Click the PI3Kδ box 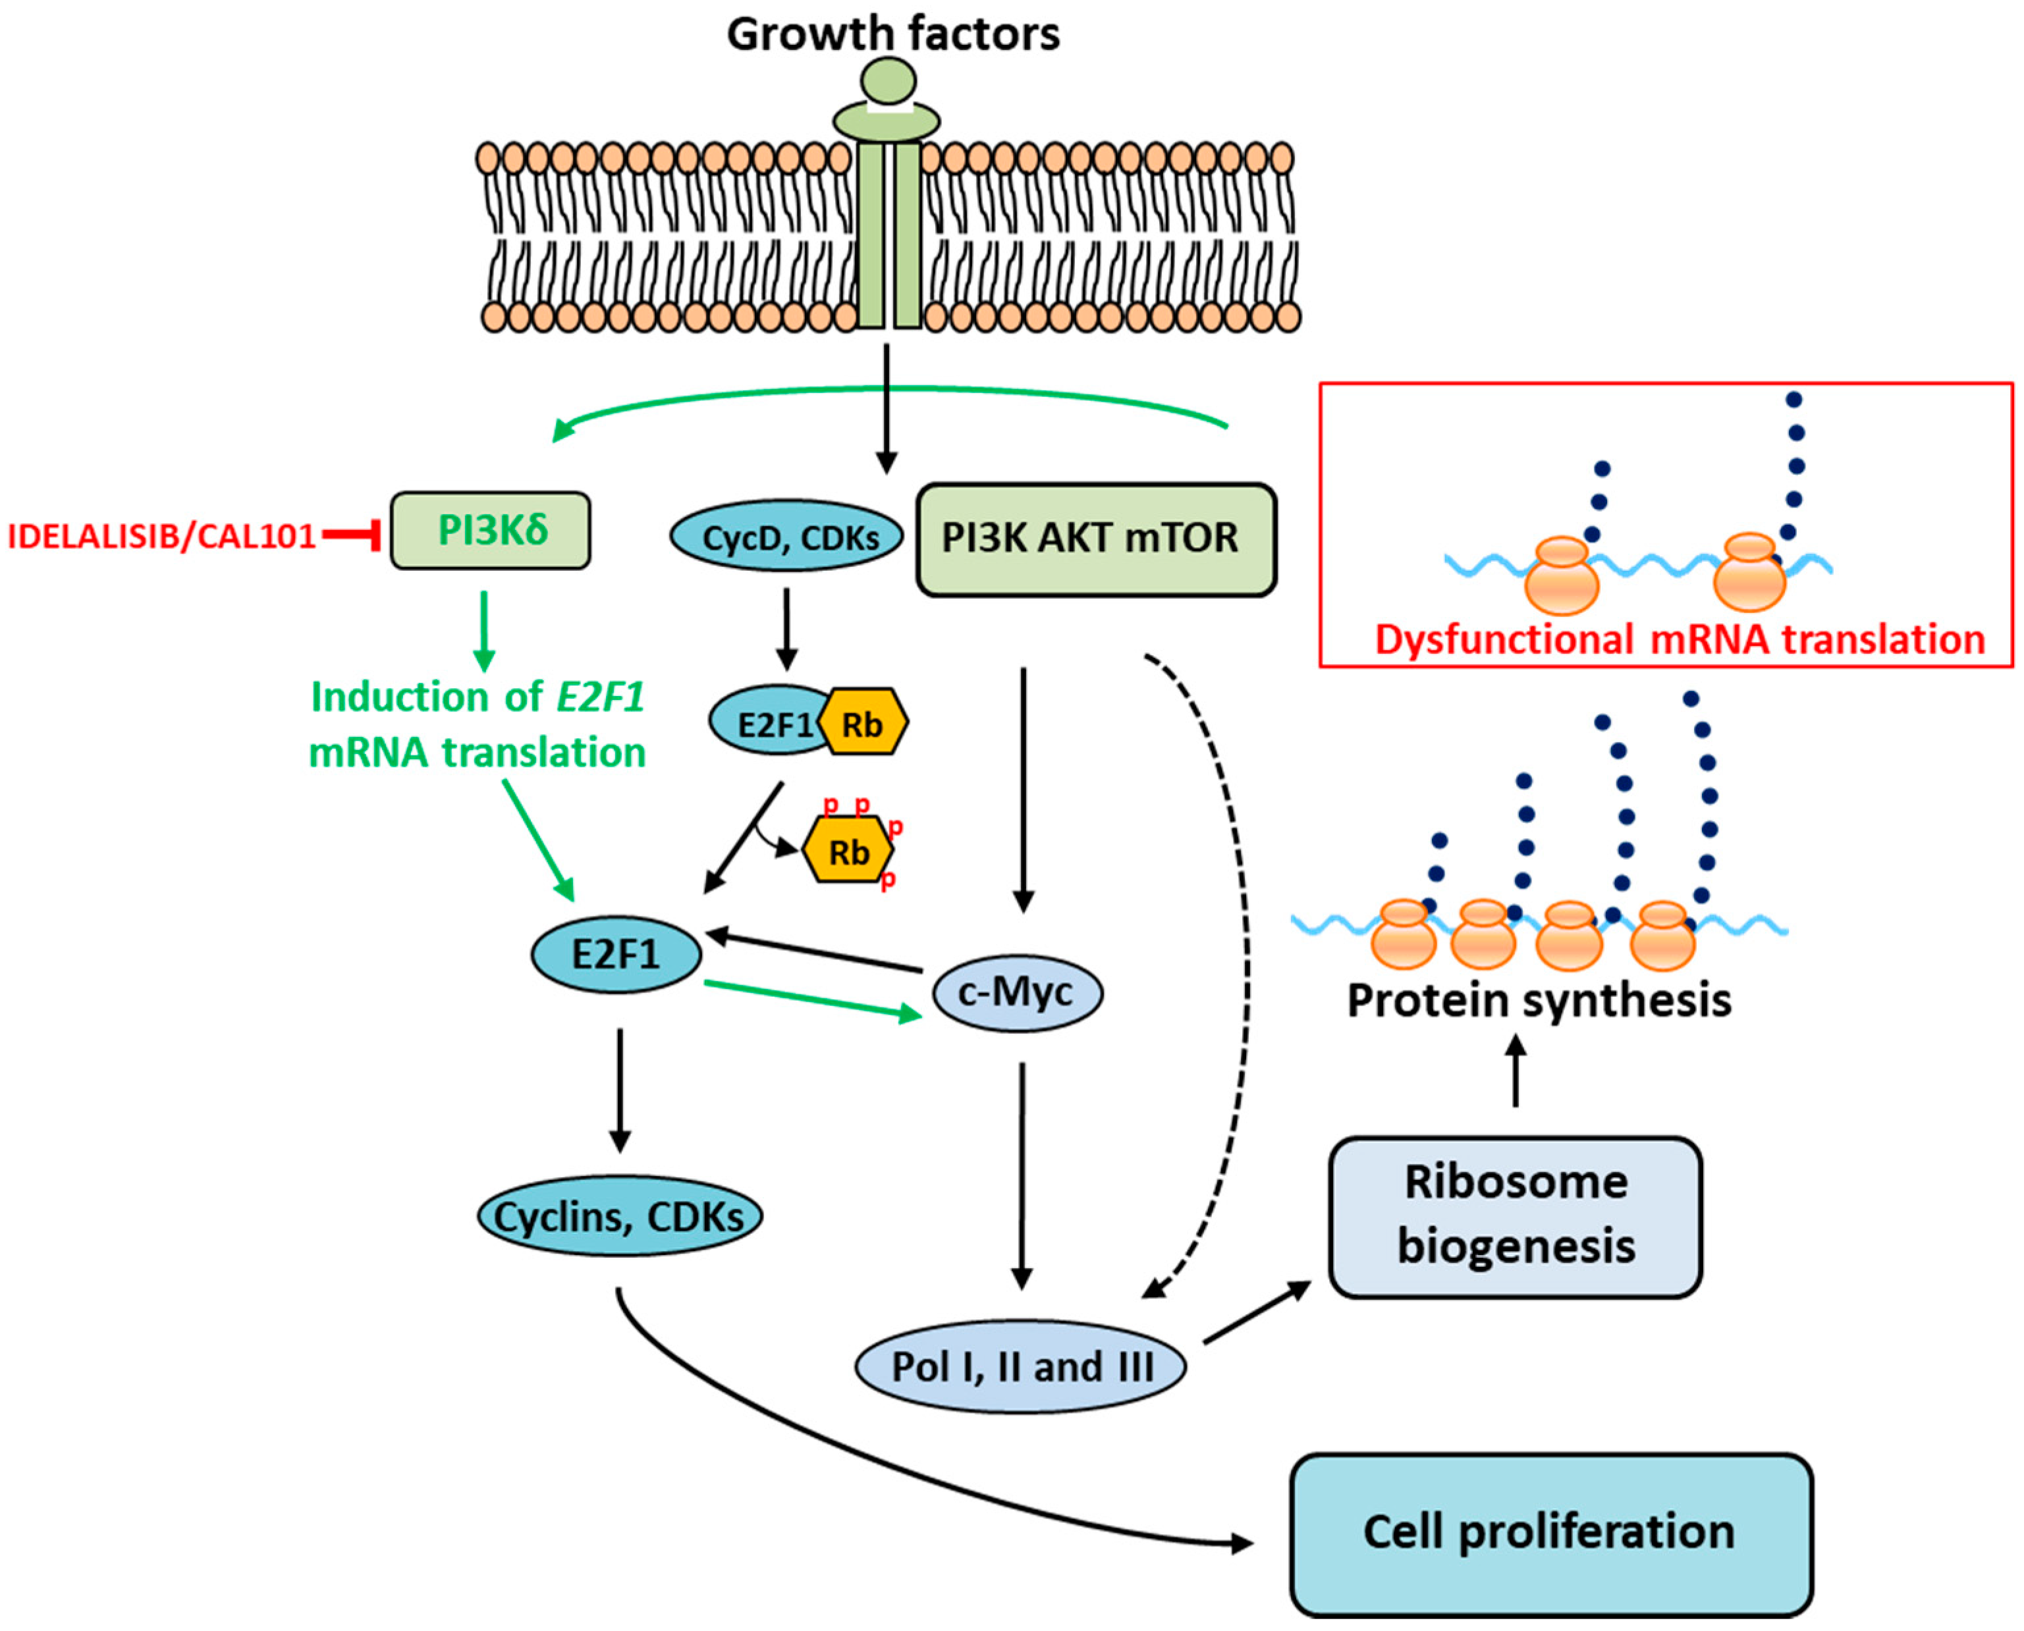pos(491,531)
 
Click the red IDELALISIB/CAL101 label pos(161,535)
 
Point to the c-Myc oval pos(1017,993)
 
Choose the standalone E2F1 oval pos(616,955)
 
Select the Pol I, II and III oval pos(1020,1367)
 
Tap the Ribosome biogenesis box pos(1516,1217)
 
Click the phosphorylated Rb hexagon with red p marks pos(848,849)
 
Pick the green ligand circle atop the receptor pos(888,81)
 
